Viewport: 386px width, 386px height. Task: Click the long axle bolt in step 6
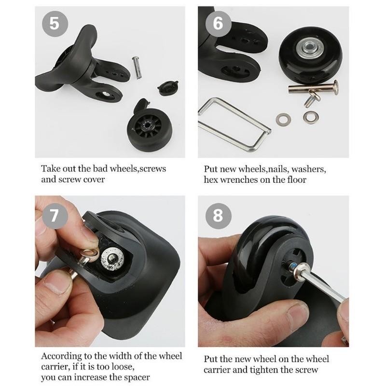click(x=314, y=89)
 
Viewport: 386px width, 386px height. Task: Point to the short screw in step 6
click(x=309, y=99)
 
